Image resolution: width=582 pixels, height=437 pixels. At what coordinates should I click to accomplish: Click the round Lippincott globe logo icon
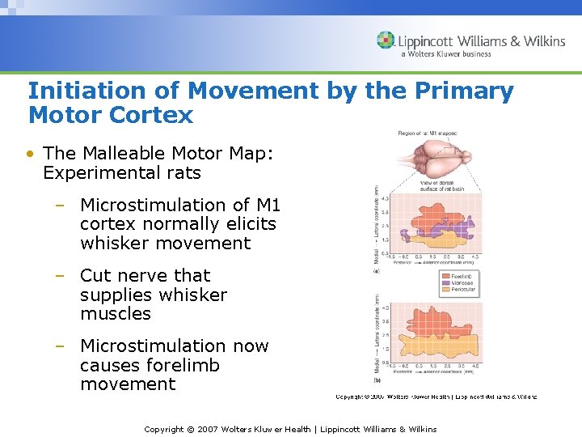coord(386,40)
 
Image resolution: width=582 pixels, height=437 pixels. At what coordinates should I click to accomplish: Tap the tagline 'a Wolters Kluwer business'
coord(445,54)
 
